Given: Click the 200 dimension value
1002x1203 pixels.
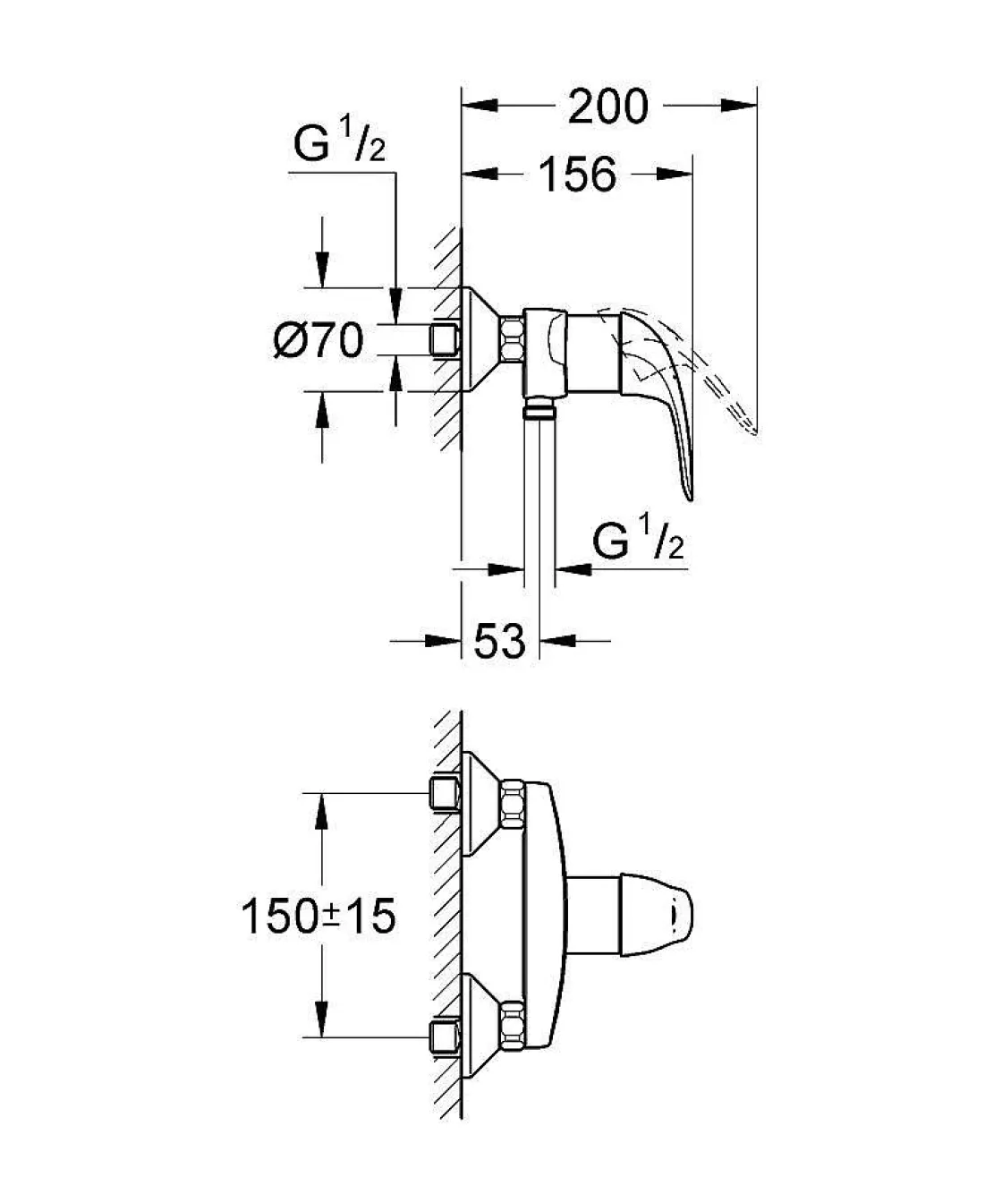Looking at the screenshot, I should point(608,107).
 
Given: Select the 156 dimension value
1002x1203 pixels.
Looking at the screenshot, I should point(577,174).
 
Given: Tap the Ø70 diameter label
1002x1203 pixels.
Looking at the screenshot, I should point(318,340).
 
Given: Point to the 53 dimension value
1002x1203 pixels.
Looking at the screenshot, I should point(499,640).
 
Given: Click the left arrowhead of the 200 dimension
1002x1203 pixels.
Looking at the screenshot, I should point(478,107).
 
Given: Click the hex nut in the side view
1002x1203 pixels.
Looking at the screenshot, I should point(513,339).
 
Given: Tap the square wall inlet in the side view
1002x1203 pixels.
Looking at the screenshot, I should point(445,339).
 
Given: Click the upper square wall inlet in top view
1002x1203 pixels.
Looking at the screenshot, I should point(445,793).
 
